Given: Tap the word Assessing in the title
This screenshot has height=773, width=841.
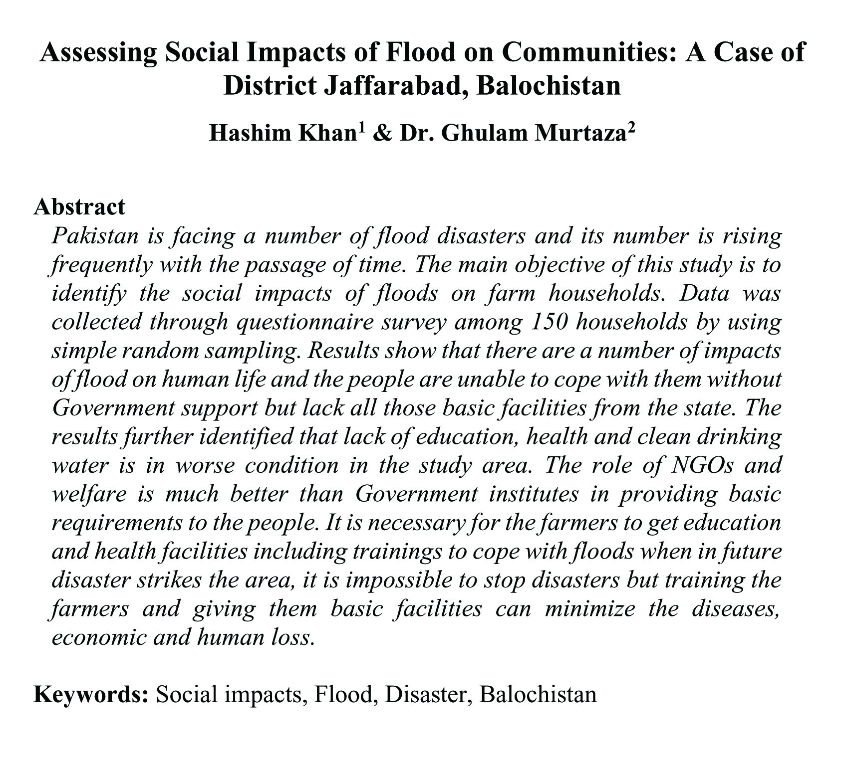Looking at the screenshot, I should (x=98, y=52).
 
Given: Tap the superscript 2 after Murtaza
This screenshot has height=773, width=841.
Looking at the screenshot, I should (x=631, y=129).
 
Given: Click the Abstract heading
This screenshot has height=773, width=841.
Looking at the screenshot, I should (x=79, y=206).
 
